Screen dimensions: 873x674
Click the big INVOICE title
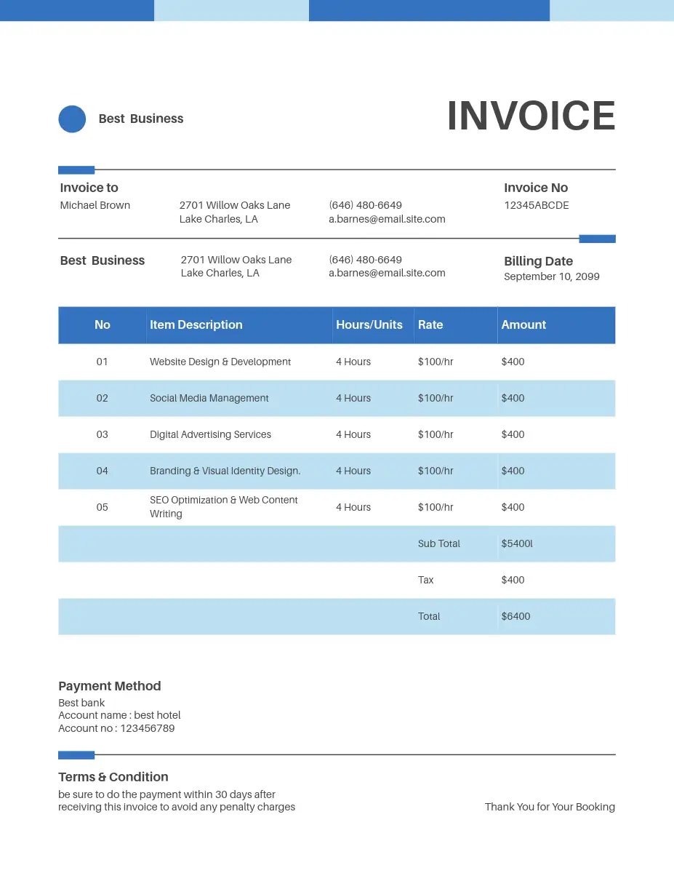pos(531,116)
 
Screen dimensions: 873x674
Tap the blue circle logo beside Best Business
pos(72,119)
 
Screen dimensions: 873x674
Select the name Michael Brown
pos(95,205)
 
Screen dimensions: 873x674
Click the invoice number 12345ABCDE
pos(537,205)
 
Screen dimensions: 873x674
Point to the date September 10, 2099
pos(551,276)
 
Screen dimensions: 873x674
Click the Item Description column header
pos(196,324)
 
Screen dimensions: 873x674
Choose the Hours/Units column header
pos(369,324)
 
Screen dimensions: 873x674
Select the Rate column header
pos(430,324)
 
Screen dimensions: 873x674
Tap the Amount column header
pos(523,324)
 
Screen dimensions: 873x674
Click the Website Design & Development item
pos(220,362)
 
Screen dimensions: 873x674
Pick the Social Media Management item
pos(209,398)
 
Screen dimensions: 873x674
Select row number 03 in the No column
pos(102,434)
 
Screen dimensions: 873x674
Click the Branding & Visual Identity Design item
pos(225,471)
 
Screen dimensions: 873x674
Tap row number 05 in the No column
pos(102,507)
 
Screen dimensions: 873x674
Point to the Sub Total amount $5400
pos(516,543)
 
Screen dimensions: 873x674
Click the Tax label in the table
pos(425,580)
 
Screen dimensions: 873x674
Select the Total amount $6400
pos(515,616)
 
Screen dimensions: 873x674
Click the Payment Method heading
pos(109,686)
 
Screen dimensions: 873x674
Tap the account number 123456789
pos(147,728)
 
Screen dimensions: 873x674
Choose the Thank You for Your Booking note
pos(550,807)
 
